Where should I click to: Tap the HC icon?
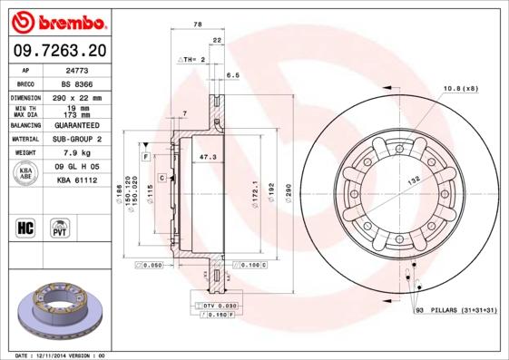coord(26,226)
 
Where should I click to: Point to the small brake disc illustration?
coord(56,308)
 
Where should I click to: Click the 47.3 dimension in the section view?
coord(208,157)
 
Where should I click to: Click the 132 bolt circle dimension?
coord(413,182)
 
